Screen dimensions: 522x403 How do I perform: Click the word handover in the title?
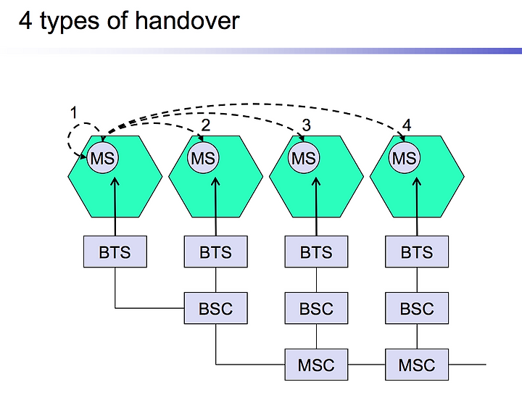[x=187, y=20]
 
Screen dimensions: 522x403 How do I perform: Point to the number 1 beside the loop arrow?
[x=73, y=112]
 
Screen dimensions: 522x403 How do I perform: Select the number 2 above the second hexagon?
[x=206, y=125]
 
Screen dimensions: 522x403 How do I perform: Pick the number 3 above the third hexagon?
[x=306, y=125]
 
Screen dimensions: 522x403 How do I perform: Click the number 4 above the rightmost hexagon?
[x=407, y=125]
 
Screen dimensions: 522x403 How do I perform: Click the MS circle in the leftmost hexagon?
[x=102, y=158]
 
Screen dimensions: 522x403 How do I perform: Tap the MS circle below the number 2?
[x=203, y=158]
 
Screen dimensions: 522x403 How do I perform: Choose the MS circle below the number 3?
[x=304, y=158]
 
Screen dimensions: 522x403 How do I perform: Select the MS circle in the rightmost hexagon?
[x=404, y=158]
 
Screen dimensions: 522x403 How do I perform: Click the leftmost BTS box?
[x=115, y=252]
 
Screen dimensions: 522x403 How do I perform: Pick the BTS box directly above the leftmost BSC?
[x=216, y=252]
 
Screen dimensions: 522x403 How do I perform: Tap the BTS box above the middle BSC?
[x=316, y=252]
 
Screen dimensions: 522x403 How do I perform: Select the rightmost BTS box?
[x=417, y=252]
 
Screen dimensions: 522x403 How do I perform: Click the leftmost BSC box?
[x=216, y=308]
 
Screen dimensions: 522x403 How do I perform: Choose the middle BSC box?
[x=316, y=308]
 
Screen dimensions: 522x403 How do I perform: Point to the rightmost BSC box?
[x=417, y=308]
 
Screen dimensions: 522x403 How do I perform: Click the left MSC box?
[x=316, y=365]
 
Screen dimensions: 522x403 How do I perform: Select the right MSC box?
[x=417, y=365]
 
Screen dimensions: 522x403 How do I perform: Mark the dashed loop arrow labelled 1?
[x=69, y=140]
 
